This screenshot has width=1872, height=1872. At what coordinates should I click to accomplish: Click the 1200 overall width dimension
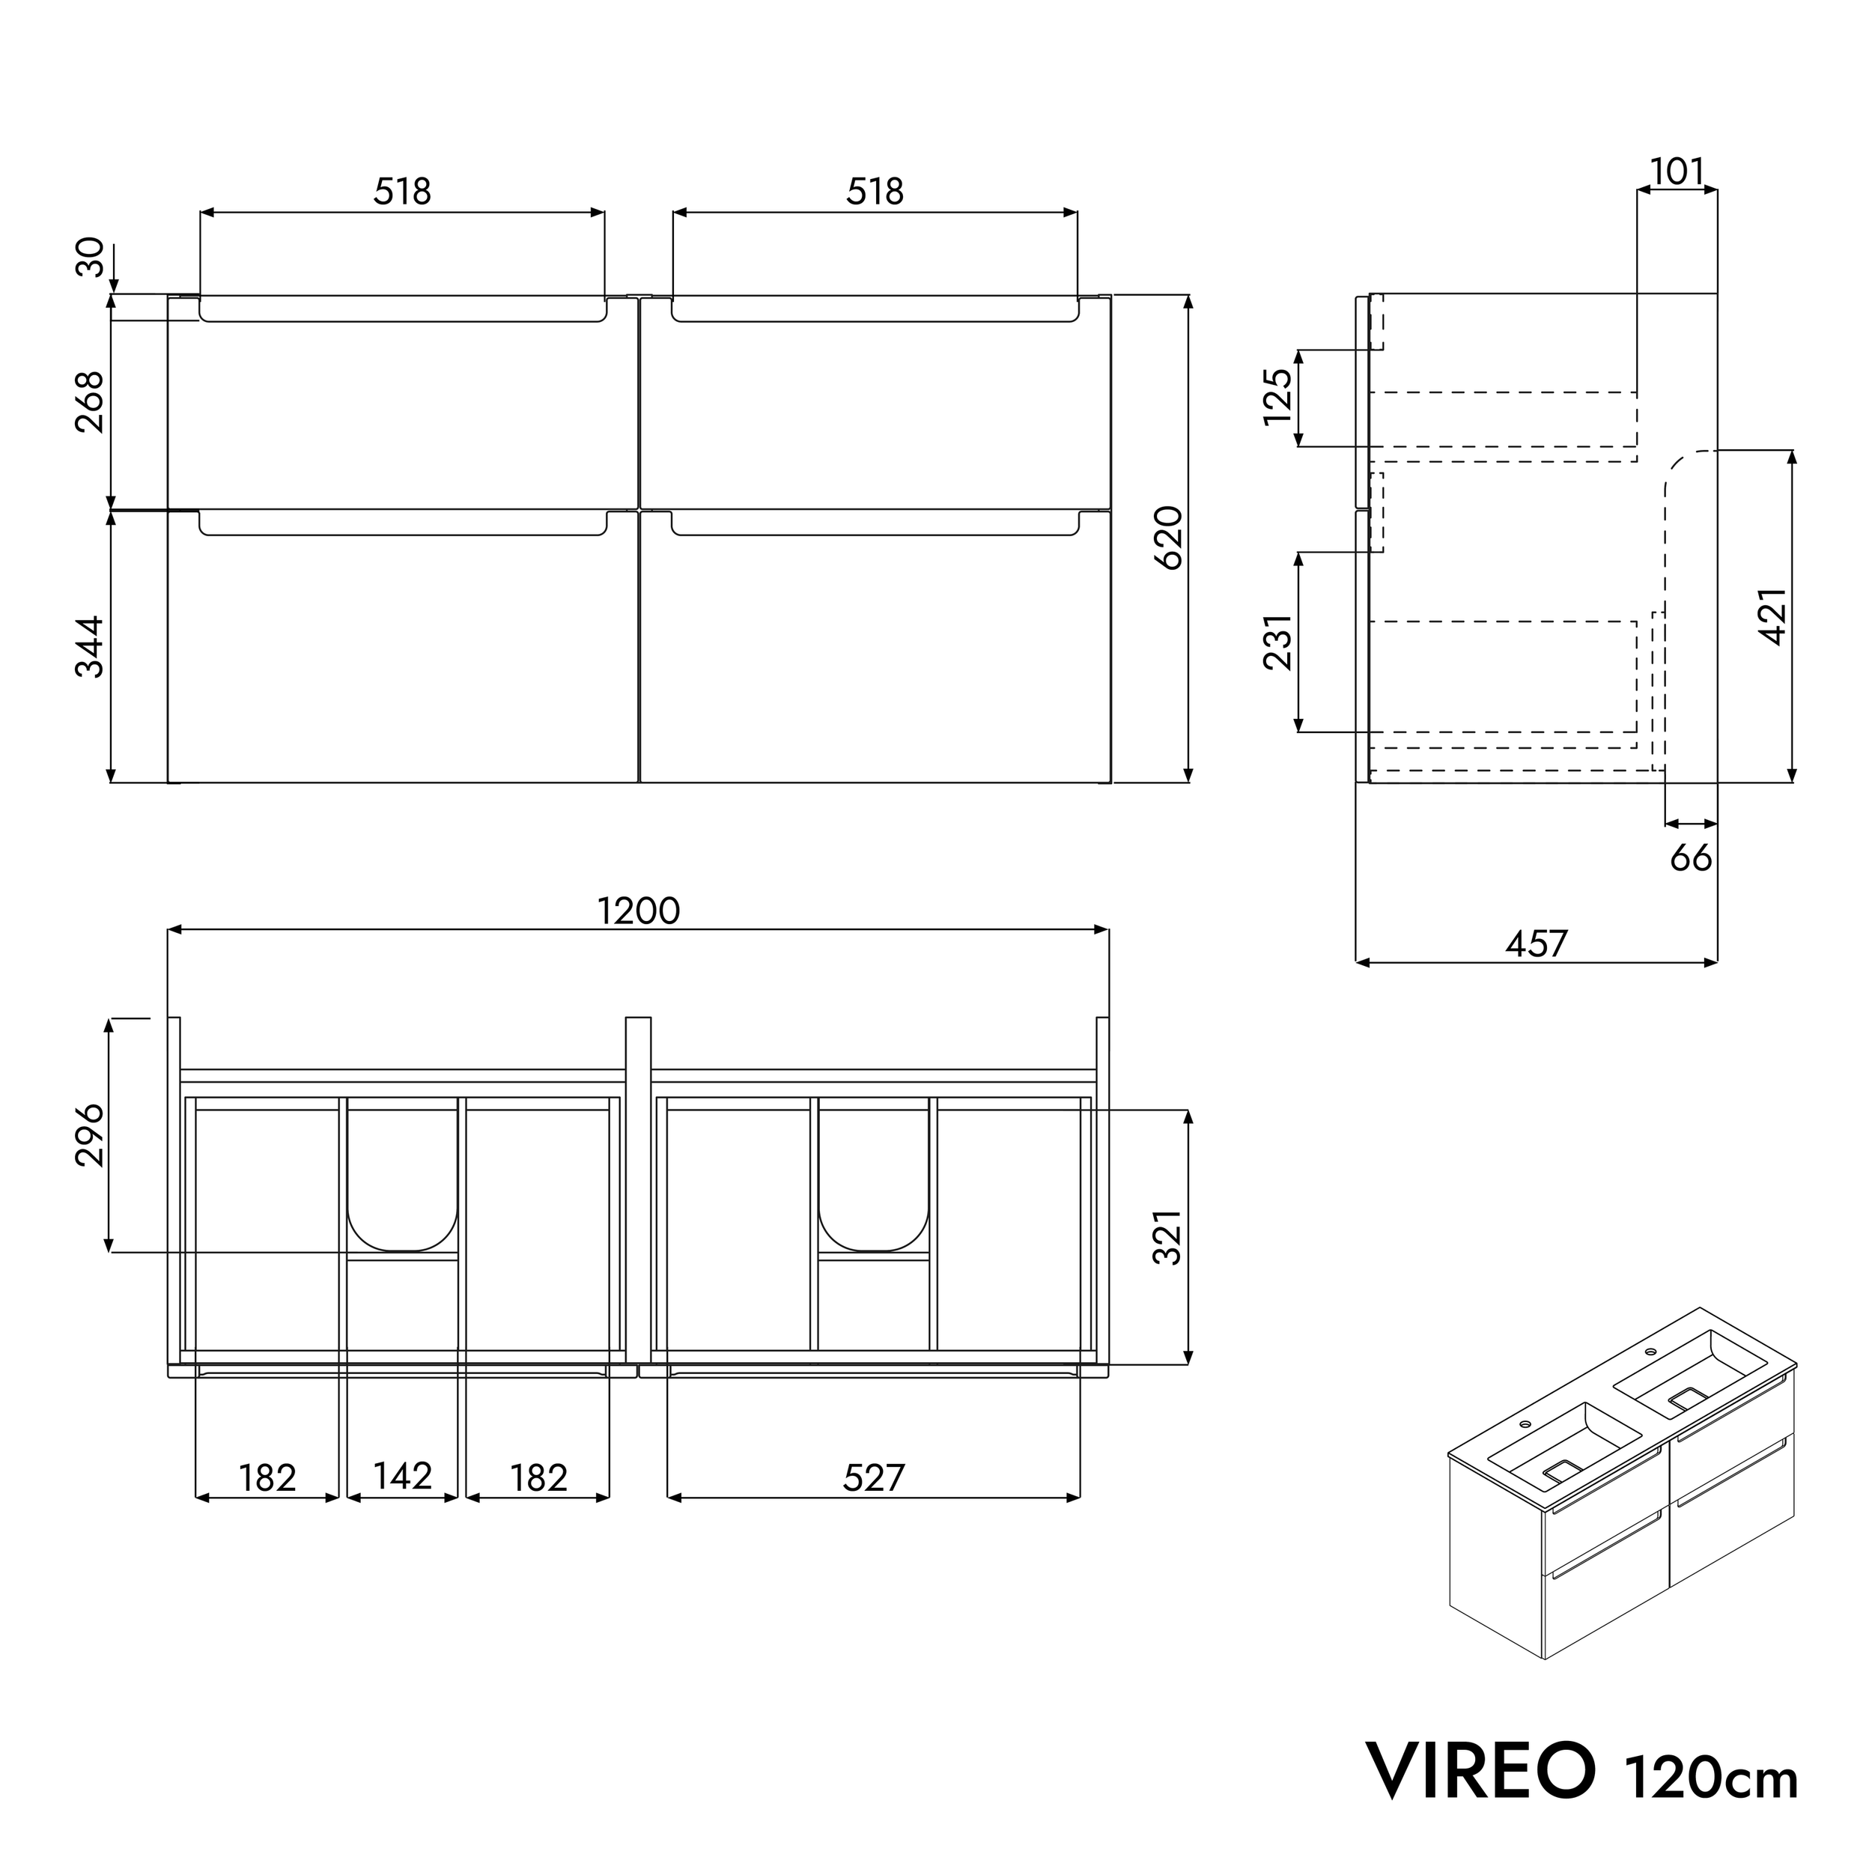tap(639, 911)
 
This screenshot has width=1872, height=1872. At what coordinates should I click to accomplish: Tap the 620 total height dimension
tap(1169, 538)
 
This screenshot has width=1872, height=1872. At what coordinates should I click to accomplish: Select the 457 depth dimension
tap(1536, 943)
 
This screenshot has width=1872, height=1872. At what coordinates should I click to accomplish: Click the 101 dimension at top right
tap(1677, 171)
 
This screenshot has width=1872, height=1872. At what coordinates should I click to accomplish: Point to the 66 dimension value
tap(1691, 857)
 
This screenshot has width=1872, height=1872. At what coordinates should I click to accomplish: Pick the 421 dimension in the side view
tap(1772, 616)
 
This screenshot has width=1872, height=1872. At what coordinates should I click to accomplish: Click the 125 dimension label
tap(1278, 396)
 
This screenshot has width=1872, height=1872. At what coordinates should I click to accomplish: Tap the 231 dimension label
tap(1278, 642)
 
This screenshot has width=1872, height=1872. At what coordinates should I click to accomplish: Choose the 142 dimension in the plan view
tap(402, 1477)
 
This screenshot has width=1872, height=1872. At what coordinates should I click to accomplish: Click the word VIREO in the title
tap(1480, 1770)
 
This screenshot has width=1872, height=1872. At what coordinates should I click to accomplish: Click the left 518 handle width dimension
tap(402, 192)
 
